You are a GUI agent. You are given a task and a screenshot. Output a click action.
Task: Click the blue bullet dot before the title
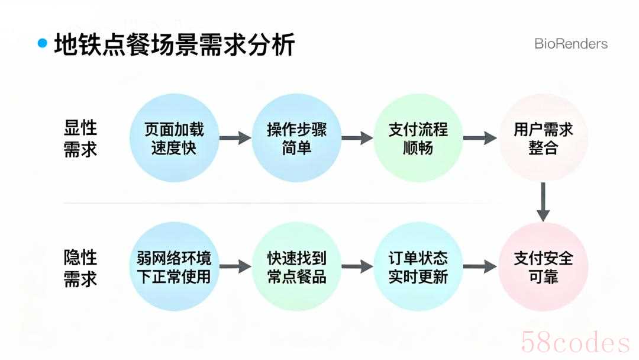pyautogui.click(x=42, y=43)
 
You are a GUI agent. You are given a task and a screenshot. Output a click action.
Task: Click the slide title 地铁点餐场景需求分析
pyautogui.click(x=174, y=44)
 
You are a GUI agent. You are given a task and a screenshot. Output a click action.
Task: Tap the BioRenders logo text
pyautogui.click(x=570, y=44)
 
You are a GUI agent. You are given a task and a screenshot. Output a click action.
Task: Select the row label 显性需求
pyautogui.click(x=80, y=139)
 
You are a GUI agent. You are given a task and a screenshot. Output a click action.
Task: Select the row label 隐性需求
pyautogui.click(x=80, y=268)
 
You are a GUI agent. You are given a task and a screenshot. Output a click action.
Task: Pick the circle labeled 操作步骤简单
pyautogui.click(x=296, y=139)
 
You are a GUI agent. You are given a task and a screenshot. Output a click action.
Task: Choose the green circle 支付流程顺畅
pyautogui.click(x=418, y=139)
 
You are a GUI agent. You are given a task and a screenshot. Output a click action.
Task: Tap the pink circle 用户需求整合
pyautogui.click(x=543, y=139)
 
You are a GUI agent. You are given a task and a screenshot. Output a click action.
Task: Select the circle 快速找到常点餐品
pyautogui.click(x=296, y=267)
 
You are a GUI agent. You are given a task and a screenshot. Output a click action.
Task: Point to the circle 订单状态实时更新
pyautogui.click(x=418, y=267)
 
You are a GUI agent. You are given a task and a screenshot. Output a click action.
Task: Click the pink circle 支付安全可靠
pyautogui.click(x=543, y=267)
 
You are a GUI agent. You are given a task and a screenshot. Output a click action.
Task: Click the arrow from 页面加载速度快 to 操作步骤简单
pyautogui.click(x=235, y=139)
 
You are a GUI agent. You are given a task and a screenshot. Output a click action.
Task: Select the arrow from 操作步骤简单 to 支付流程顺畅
pyautogui.click(x=357, y=139)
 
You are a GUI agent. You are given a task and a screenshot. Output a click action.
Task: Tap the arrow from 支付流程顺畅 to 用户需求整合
pyautogui.click(x=480, y=139)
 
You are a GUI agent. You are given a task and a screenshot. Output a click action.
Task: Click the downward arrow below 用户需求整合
pyautogui.click(x=543, y=202)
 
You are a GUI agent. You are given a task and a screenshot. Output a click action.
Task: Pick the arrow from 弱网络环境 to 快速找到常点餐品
pyautogui.click(x=235, y=267)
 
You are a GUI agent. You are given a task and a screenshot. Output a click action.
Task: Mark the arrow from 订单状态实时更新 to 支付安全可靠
pyautogui.click(x=480, y=267)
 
